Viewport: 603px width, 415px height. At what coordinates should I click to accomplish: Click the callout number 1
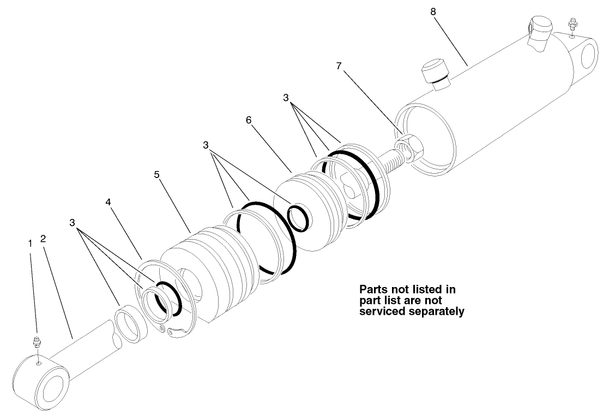coord(31,243)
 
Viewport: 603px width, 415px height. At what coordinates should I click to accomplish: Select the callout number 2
coord(43,239)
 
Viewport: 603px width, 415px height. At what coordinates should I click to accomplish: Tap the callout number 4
coord(108,202)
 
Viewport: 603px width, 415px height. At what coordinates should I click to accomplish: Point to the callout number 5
coord(156,175)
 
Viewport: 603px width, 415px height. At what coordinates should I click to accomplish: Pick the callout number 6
coord(249,120)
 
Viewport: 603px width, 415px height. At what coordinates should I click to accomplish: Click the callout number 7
coord(339,66)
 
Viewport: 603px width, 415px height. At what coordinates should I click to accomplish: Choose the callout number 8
coord(433,11)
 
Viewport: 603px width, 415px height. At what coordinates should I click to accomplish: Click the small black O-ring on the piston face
coord(298,217)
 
